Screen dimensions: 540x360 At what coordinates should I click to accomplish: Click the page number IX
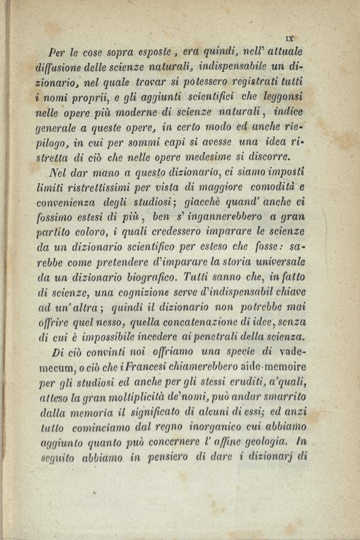(289, 38)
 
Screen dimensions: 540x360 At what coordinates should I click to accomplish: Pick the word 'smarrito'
(283, 397)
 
